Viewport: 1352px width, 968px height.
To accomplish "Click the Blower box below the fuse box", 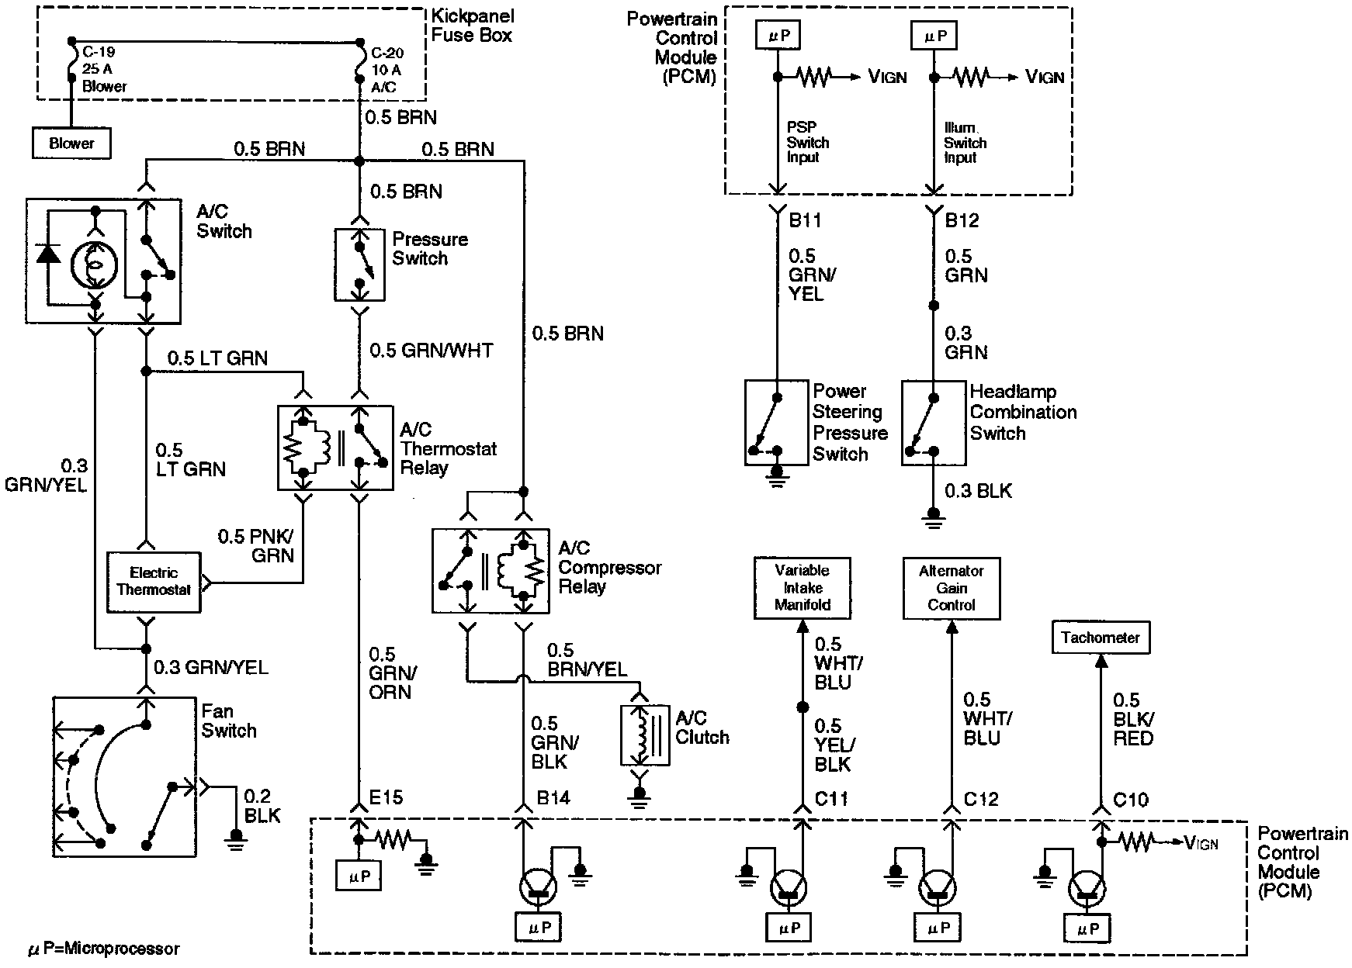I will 71,143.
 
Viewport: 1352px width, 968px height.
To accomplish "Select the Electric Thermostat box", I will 154,582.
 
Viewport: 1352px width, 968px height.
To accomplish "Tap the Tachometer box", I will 1100,638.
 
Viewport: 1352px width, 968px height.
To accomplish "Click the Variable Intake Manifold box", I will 803,588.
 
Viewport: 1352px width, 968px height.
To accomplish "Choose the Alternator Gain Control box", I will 951,588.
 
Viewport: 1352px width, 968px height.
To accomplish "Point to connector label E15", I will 386,798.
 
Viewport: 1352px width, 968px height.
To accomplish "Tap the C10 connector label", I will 1130,799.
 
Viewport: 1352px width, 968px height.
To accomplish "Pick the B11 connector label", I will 805,221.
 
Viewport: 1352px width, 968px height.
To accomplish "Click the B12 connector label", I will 962,221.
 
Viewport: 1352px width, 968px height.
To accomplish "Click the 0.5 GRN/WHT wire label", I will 431,351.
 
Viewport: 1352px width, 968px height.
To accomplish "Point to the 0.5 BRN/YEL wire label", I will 587,659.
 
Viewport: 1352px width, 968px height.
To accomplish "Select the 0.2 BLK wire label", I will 262,806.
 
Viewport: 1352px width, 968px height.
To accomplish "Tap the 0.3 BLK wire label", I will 978,491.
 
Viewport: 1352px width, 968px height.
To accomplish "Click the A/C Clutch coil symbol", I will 644,735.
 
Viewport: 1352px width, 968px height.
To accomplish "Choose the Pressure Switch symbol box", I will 359,264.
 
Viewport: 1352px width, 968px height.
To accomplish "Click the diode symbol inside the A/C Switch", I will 50,254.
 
